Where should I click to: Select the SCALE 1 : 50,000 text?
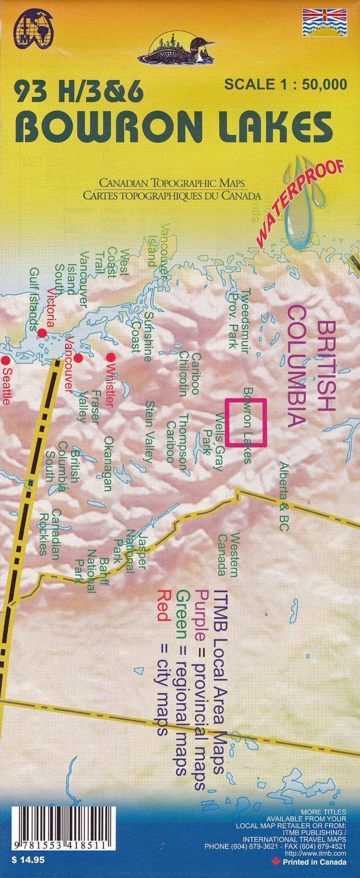point(285,84)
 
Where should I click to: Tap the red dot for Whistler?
point(110,356)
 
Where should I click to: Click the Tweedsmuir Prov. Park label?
point(240,319)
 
